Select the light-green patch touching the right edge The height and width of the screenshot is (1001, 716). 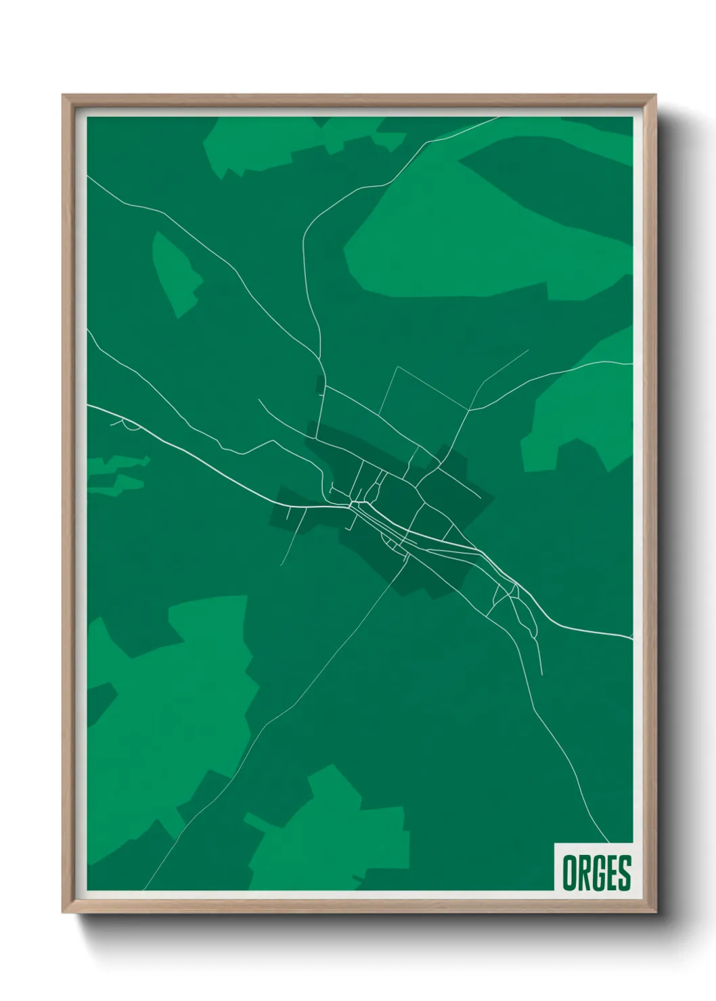(x=582, y=413)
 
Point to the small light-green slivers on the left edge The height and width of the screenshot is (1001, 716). (x=115, y=473)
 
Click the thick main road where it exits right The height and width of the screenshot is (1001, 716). (x=626, y=636)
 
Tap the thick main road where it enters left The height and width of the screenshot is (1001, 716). (x=91, y=407)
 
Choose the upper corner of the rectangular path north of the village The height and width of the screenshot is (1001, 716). (x=397, y=367)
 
